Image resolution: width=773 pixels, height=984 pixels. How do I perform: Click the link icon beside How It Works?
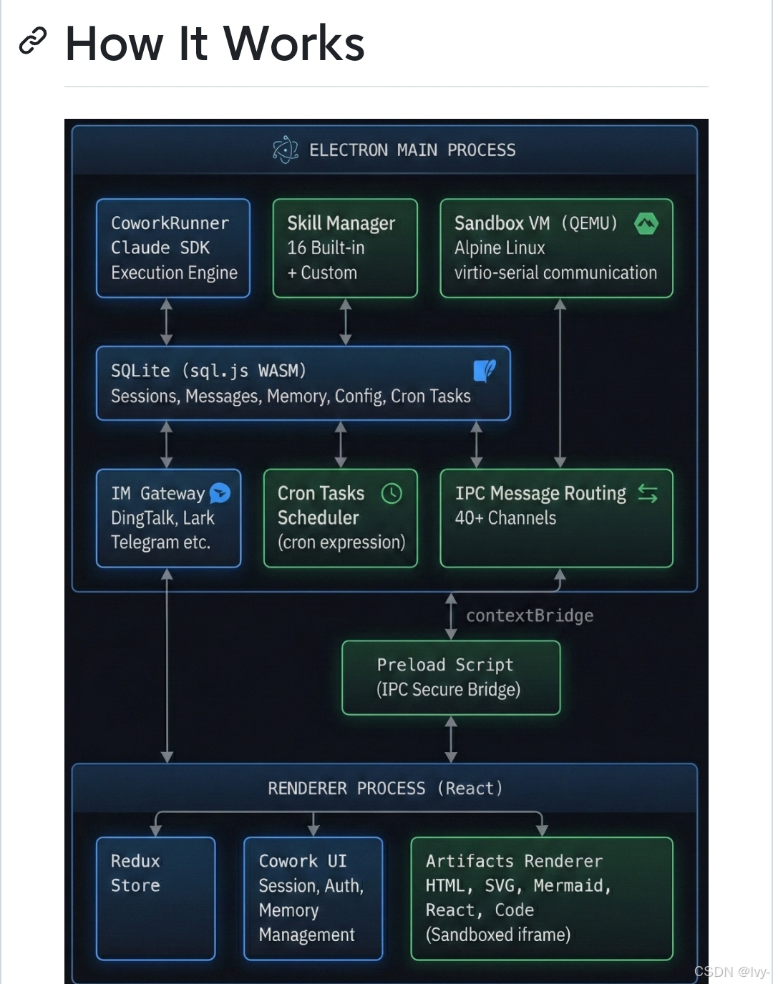32,42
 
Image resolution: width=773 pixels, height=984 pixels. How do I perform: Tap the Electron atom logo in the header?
286,150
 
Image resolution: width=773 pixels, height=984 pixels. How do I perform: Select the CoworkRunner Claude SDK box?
173,248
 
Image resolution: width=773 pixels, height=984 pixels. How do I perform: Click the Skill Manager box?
345,248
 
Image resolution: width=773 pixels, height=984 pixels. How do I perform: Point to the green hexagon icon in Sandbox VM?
646,224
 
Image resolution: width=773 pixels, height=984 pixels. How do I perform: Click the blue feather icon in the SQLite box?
485,371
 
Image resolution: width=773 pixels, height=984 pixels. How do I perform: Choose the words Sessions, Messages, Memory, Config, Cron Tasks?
291,396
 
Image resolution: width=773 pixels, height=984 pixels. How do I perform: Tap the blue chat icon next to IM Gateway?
220,493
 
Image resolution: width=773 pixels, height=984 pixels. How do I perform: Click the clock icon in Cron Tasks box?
392,493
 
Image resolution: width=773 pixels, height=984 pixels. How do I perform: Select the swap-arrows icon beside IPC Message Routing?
648,493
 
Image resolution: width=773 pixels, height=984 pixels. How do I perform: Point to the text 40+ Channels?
505,518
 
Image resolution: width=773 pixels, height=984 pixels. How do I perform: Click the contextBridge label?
530,615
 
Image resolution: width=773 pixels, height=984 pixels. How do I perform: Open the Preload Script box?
451,677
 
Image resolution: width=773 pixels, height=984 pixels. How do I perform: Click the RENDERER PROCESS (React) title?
385,789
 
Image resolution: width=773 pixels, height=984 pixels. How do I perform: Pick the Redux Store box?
156,897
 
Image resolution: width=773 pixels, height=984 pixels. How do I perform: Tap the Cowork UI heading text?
303,861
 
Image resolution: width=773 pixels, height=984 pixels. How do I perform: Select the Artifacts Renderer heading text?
514,861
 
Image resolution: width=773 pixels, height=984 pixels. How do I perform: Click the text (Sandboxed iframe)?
498,935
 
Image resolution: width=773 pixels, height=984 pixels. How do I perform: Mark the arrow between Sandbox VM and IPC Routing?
560,383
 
